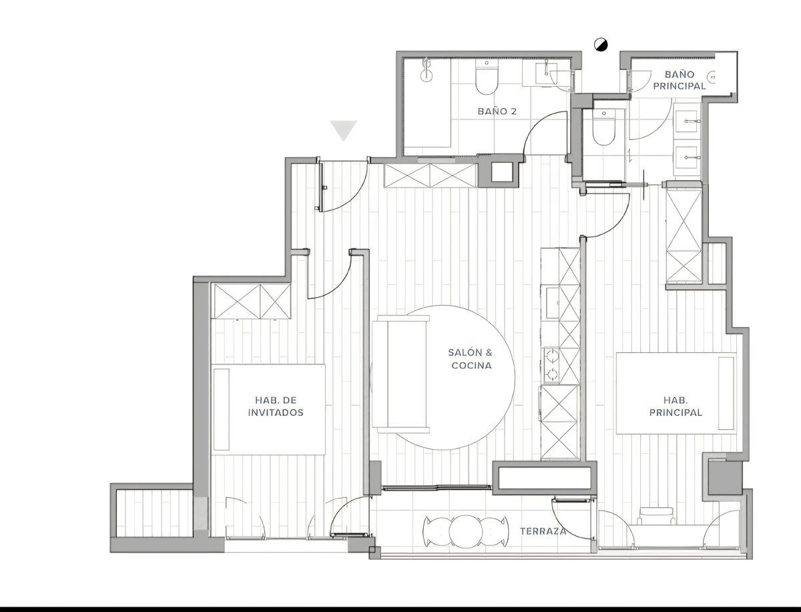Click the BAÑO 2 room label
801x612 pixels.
point(497,111)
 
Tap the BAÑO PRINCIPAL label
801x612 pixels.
point(679,80)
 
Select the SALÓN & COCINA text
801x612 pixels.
point(471,359)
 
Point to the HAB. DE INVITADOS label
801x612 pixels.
point(276,406)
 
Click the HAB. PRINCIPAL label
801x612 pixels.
point(676,406)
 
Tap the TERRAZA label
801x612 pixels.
point(543,531)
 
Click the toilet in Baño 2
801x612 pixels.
point(487,77)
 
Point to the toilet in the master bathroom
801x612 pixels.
point(603,127)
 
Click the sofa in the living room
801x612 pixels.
point(400,374)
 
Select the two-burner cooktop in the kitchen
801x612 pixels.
point(551,364)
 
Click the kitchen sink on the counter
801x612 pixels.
point(553,303)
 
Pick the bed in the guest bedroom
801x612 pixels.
point(268,409)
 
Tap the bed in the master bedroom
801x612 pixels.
point(676,393)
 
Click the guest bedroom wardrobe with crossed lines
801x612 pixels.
point(251,302)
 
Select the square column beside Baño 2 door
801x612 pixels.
point(502,172)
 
